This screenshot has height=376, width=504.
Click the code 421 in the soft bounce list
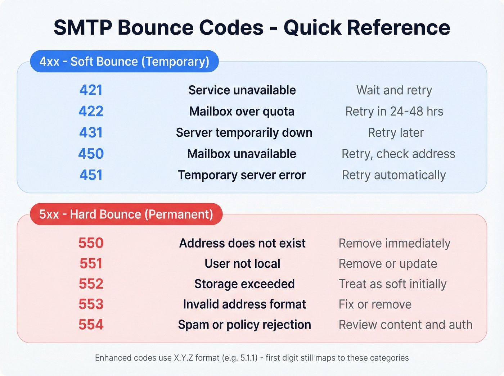[91, 90]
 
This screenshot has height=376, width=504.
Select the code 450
[91, 154]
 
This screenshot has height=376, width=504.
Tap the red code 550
[91, 243]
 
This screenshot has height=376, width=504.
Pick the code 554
[91, 325]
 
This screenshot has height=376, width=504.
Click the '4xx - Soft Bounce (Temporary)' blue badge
[124, 62]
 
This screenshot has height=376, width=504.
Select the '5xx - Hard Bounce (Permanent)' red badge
[126, 214]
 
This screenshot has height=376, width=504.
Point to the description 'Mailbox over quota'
[242, 112]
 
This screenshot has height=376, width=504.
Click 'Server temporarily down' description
[244, 133]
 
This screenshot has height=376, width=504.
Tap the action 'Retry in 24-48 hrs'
[394, 112]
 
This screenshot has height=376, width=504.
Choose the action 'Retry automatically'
[393, 175]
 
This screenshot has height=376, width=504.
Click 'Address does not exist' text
[242, 243]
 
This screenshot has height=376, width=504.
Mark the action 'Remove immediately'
[394, 243]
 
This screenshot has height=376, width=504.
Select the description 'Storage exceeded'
[244, 284]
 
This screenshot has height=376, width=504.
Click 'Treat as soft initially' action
[392, 284]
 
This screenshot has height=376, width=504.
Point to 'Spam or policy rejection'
[244, 325]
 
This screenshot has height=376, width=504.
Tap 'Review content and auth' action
[405, 325]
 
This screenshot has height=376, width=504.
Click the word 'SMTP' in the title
[83, 28]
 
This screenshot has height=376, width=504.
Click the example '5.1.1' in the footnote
[249, 358]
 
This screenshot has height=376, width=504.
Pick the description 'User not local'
[242, 264]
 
